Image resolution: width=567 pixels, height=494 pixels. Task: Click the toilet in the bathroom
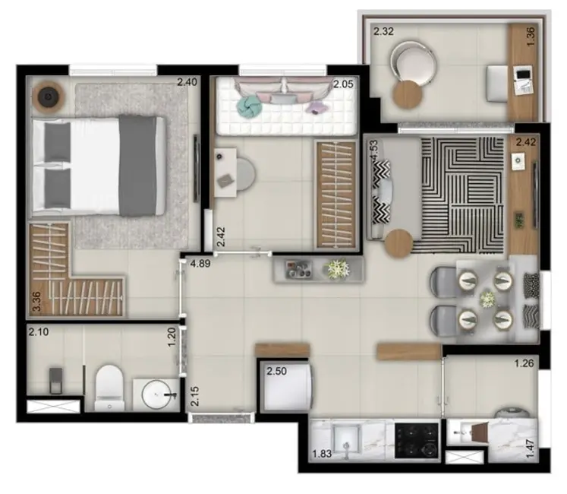point(110,383)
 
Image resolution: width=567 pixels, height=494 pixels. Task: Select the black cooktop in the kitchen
point(416,440)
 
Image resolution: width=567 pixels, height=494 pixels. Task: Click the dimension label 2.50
point(276,371)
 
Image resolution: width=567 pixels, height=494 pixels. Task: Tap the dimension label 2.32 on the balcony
point(383,32)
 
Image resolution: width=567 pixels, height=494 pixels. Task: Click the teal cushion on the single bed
point(249,105)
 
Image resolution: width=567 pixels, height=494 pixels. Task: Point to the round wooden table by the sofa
point(399,245)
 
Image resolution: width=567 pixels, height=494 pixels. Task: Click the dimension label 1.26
point(524,363)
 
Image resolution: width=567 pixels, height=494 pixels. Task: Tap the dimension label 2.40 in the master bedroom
point(187,82)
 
